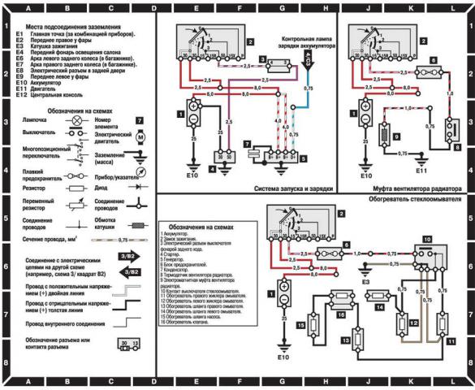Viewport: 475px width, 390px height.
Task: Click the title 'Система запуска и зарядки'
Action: [x=282, y=190]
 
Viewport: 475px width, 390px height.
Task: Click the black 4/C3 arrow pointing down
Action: [x=306, y=55]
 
